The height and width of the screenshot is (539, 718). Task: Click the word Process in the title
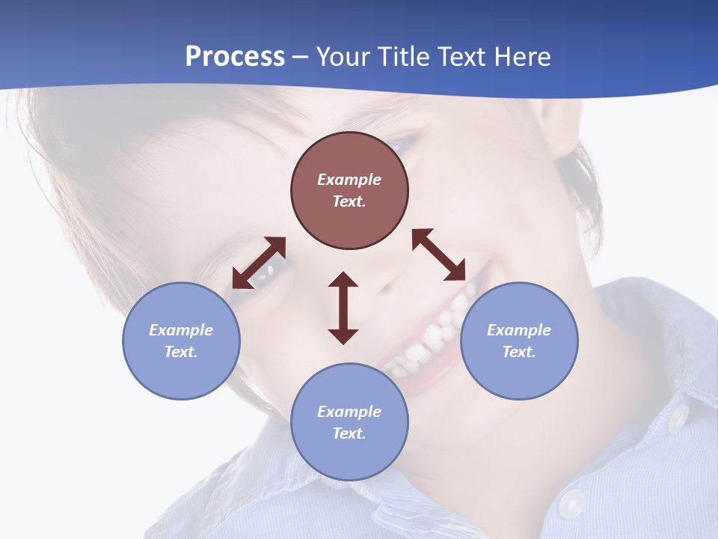[x=235, y=56]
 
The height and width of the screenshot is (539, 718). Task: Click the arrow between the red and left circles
[x=259, y=263]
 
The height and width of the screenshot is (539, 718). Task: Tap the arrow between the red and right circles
[x=439, y=255]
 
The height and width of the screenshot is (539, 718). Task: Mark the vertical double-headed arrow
[x=343, y=308]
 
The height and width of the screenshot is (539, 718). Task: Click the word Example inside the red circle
[x=349, y=180]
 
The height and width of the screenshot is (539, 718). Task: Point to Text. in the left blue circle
[x=181, y=352]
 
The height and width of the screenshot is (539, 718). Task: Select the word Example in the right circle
[x=519, y=330]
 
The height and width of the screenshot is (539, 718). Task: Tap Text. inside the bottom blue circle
[x=349, y=433]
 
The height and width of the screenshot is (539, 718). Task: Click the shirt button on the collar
[x=678, y=417]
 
